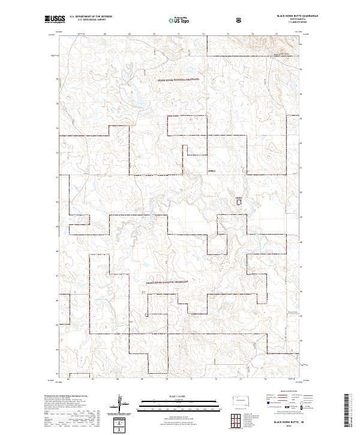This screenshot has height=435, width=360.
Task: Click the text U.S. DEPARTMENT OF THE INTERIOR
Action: point(91,17)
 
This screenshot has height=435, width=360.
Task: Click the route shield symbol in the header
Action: point(240,19)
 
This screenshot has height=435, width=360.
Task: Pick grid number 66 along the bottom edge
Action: point(68,379)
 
